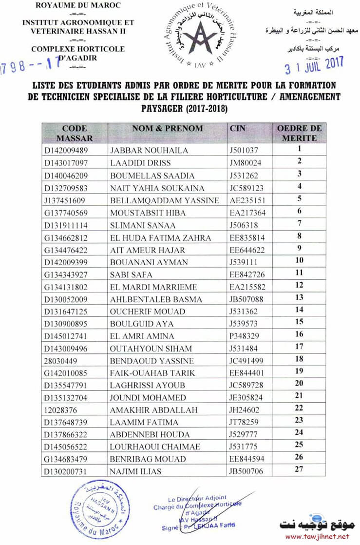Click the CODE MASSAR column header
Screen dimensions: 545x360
(75, 133)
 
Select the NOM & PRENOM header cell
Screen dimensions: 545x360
(167, 128)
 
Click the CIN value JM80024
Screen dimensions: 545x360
(245, 163)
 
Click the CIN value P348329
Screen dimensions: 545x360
(244, 336)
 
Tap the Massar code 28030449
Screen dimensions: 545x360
(63, 361)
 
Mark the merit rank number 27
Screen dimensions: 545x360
(299, 469)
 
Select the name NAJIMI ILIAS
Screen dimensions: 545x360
(135, 471)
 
